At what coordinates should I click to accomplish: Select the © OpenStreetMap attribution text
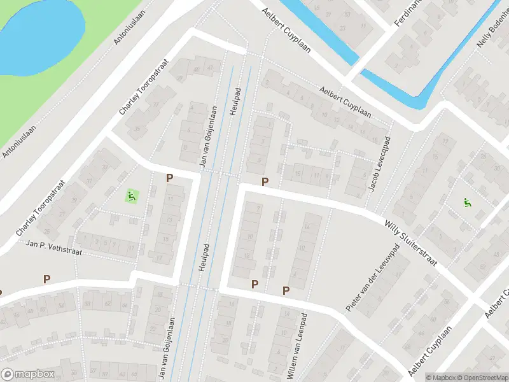483,378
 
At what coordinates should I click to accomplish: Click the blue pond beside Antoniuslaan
38,35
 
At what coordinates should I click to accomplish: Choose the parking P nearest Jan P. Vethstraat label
46,279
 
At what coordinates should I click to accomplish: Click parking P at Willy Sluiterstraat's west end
265,182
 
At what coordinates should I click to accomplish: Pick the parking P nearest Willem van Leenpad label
286,290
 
